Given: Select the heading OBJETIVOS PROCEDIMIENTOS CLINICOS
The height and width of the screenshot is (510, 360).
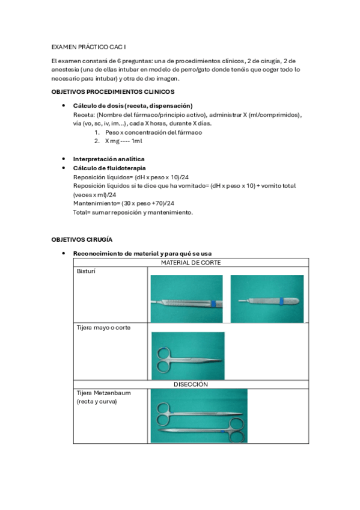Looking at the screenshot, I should pyautogui.click(x=113, y=91).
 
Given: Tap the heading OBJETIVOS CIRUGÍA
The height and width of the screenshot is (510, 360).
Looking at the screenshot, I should pyautogui.click(x=82, y=239).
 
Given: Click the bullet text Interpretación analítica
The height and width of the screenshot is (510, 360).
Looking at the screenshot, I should pyautogui.click(x=108, y=159).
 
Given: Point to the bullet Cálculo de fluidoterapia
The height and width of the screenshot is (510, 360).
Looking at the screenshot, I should pyautogui.click(x=109, y=168).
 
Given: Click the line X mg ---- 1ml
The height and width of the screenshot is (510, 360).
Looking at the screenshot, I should pyautogui.click(x=124, y=141).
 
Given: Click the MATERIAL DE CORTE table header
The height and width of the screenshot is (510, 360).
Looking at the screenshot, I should pyautogui.click(x=191, y=263).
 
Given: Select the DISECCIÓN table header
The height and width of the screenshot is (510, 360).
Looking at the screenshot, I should pyautogui.click(x=191, y=384).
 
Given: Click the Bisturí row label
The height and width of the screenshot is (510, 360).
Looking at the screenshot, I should pyautogui.click(x=87, y=272).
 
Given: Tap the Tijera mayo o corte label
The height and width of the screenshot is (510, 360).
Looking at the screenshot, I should pyautogui.click(x=103, y=328).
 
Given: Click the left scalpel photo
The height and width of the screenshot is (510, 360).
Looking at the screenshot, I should pyautogui.click(x=186, y=299).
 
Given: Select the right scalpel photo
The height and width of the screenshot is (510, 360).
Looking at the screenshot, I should pyautogui.click(x=266, y=299).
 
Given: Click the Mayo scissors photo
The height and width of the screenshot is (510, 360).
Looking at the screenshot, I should pyautogui.click(x=188, y=355).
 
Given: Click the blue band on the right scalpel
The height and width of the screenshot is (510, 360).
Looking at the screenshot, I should pyautogui.click(x=283, y=300).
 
